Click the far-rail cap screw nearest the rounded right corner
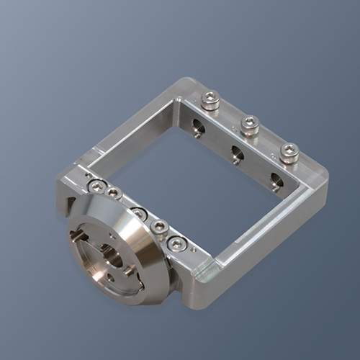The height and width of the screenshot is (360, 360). coord(289,152)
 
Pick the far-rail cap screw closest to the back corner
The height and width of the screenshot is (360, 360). coord(210,99)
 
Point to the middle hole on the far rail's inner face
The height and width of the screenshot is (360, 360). coord(236,153)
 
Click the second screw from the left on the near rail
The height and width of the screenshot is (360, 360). coord(113,193)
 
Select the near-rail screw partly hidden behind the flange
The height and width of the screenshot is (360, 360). coord(138,213)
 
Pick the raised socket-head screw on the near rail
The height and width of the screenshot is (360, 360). coord(160,227)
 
